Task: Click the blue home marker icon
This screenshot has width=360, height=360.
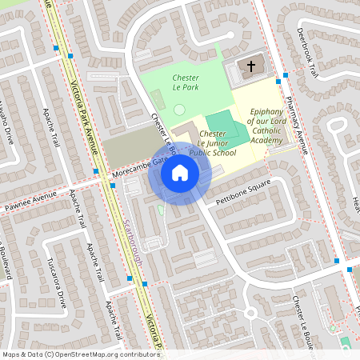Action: pyautogui.click(x=180, y=172)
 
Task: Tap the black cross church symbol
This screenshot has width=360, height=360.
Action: pyautogui.click(x=250, y=67)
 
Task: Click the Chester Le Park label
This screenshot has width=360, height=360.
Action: pyautogui.click(x=186, y=82)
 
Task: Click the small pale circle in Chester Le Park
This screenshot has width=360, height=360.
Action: pyautogui.click(x=179, y=109)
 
